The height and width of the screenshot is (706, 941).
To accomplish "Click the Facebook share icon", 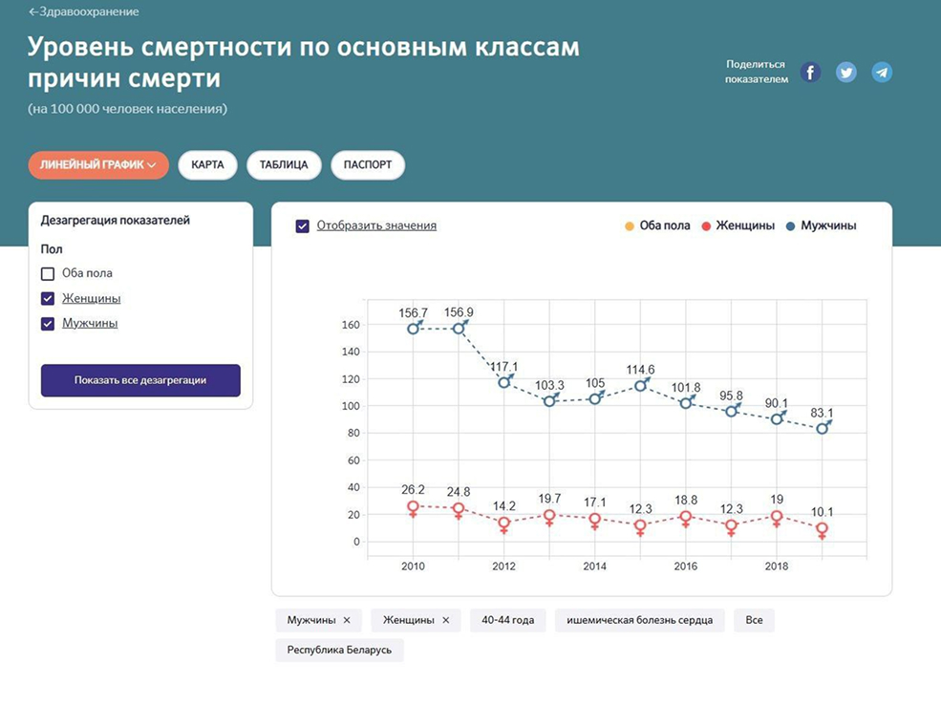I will pyautogui.click(x=810, y=72).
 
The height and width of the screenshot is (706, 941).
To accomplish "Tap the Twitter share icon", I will pyautogui.click(x=846, y=72).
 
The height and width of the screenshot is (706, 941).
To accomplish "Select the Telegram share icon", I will pyautogui.click(x=882, y=72).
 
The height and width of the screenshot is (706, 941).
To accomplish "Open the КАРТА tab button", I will pyautogui.click(x=207, y=164).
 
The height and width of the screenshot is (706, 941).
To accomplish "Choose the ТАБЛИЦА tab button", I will pyautogui.click(x=284, y=164).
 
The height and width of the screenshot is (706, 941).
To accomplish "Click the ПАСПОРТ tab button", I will pyautogui.click(x=368, y=164).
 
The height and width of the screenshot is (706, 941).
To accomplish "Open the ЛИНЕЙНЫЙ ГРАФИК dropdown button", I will pyautogui.click(x=98, y=164).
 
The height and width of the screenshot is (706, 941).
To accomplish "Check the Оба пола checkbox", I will pyautogui.click(x=48, y=273).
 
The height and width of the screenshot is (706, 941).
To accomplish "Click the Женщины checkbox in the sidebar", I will pyautogui.click(x=48, y=298).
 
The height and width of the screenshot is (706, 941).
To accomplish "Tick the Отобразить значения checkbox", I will pyautogui.click(x=303, y=226).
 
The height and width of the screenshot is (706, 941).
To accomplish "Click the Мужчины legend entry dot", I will pyautogui.click(x=791, y=226).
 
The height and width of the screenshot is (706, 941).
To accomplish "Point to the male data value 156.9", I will pyautogui.click(x=459, y=312).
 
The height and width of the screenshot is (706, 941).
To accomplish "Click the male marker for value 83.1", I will pyautogui.click(x=823, y=428).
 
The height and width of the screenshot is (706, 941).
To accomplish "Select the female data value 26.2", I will pyautogui.click(x=413, y=492).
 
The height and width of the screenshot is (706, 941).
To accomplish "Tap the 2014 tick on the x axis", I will pyautogui.click(x=594, y=567).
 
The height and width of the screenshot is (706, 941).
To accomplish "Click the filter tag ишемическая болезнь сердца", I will pyautogui.click(x=639, y=620).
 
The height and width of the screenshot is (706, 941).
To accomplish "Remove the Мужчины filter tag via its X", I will pyautogui.click(x=347, y=620).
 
